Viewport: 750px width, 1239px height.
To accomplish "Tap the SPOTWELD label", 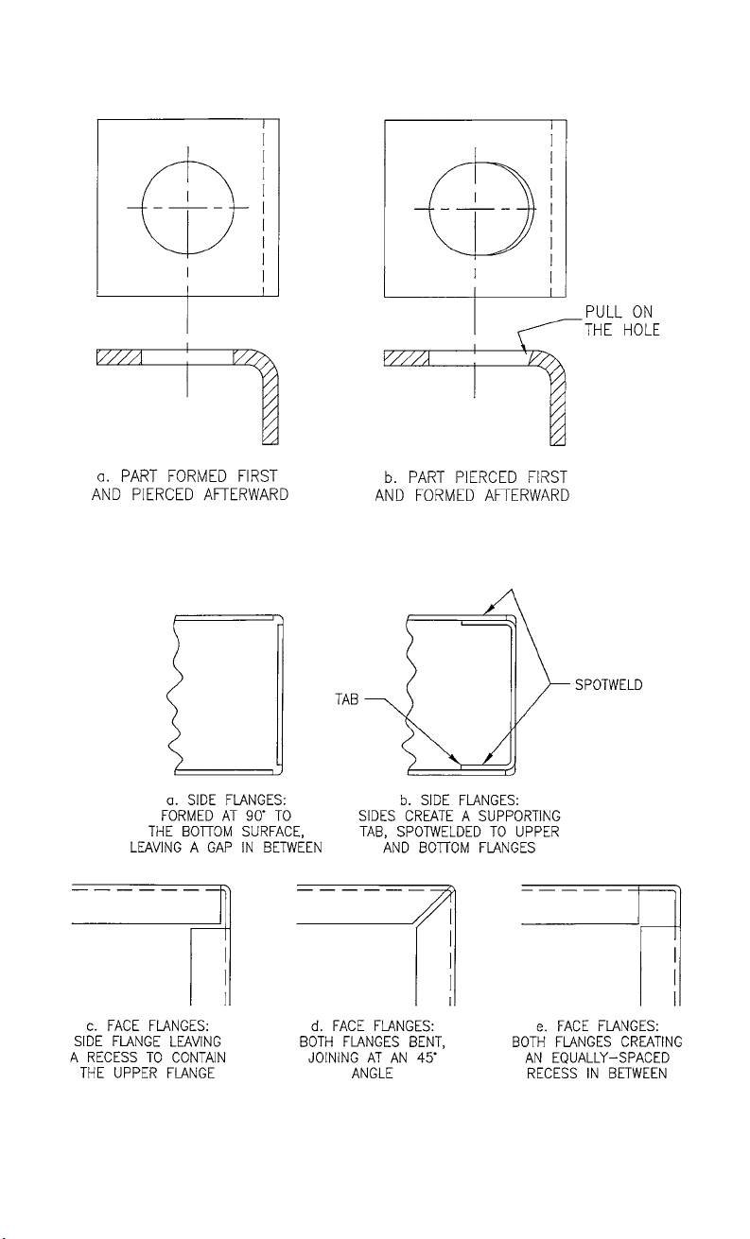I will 607,684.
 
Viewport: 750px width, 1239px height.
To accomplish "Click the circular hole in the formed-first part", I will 188,207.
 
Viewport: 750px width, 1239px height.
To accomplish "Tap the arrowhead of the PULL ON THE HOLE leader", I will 522,352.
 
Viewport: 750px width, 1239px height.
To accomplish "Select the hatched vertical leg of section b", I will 557,406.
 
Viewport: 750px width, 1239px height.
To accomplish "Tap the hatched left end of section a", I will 118,356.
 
